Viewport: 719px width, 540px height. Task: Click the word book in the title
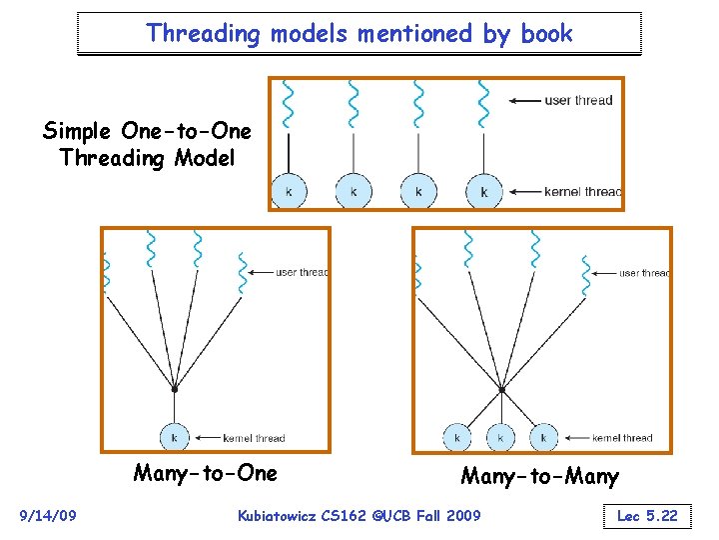point(545,33)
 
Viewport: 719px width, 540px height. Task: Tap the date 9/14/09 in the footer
point(47,515)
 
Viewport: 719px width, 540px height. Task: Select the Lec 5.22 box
point(646,516)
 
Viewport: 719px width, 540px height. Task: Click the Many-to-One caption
point(205,472)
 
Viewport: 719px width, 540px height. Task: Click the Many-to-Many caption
point(539,477)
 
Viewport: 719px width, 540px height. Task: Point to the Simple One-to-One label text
point(147,132)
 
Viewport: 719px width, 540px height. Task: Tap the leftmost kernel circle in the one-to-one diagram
point(289,191)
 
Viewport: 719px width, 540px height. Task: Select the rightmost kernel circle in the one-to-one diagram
point(484,191)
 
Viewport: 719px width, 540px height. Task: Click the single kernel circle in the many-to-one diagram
point(175,437)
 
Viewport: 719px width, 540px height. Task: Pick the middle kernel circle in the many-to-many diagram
point(500,437)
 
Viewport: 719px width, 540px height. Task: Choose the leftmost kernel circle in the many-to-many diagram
point(456,437)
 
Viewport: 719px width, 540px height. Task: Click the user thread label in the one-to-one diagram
point(579,100)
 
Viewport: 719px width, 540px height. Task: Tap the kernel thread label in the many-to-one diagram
point(254,438)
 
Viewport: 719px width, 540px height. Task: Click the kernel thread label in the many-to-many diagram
point(622,438)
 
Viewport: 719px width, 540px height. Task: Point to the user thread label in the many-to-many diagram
point(644,273)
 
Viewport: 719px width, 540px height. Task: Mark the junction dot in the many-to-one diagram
point(175,388)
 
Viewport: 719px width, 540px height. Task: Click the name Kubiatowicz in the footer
point(282,515)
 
